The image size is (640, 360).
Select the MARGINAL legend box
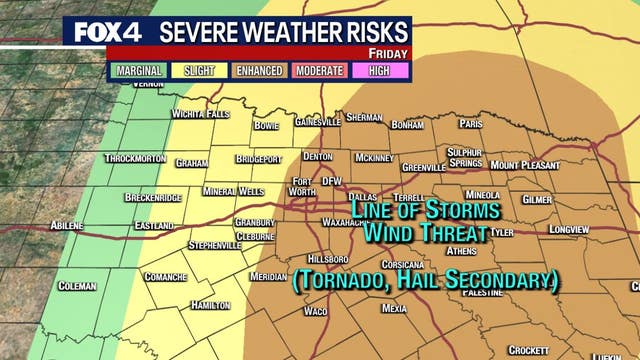click(x=141, y=71)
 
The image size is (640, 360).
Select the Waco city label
click(x=315, y=311)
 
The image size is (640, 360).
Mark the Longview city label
click(x=569, y=229)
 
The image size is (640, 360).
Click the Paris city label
click(x=472, y=124)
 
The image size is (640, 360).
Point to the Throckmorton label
click(x=137, y=159)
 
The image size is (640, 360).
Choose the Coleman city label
click(x=77, y=286)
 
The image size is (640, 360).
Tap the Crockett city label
click(x=527, y=350)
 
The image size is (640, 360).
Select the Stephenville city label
click(x=215, y=245)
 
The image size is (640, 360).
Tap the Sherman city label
click(x=364, y=117)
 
